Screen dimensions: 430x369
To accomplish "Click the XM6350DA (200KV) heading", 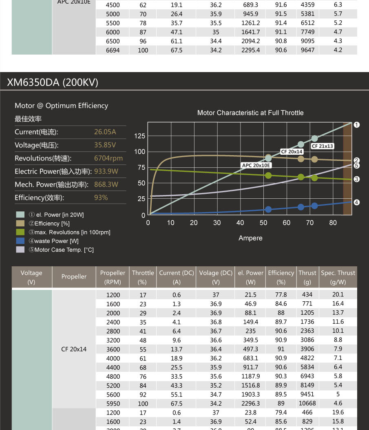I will (x=53, y=83).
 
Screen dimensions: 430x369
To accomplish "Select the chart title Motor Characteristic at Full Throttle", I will (x=250, y=113).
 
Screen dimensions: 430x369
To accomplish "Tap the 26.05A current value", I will (x=105, y=132).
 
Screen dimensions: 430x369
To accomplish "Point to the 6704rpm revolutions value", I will (x=108, y=158).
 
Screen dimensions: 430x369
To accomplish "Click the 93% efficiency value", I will (x=101, y=197).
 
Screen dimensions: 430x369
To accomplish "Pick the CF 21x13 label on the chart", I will (x=322, y=146).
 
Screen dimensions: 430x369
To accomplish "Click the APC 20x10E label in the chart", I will (x=256, y=165).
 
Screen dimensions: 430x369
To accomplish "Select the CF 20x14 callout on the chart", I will (x=292, y=151).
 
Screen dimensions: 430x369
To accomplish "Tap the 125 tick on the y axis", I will (x=139, y=136).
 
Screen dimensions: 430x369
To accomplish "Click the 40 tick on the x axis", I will (x=240, y=223).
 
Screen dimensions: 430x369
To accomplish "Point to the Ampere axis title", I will (x=250, y=238).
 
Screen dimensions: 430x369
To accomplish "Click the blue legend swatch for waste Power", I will (x=20, y=241).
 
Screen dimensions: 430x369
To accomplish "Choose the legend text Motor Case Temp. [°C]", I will (x=64, y=250).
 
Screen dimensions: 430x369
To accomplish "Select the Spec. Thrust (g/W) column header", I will (x=338, y=277).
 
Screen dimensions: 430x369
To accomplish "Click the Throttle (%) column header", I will (x=143, y=277).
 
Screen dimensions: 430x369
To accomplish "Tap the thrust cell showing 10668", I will (x=307, y=404).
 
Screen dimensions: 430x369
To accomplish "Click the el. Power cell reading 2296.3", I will (x=250, y=404).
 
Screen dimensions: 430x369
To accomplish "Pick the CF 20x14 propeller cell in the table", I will (x=74, y=349).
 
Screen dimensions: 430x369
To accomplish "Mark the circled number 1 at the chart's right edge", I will (x=357, y=125).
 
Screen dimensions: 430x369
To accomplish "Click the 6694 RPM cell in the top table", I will (x=113, y=50).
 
